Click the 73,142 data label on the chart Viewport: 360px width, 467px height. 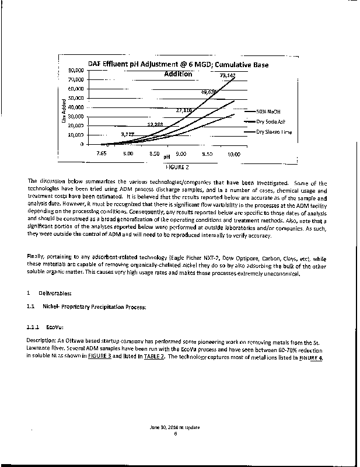pyautogui.click(x=228, y=75)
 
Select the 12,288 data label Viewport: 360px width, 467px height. pyautogui.click(x=155, y=124)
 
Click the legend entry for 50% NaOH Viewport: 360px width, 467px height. pyautogui.click(x=268, y=111)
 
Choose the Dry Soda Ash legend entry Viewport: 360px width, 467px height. pyautogui.click(x=272, y=121)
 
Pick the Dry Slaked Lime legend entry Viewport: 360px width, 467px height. pyautogui.click(x=274, y=132)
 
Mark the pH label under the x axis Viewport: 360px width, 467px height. pyautogui.click(x=166, y=156)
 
